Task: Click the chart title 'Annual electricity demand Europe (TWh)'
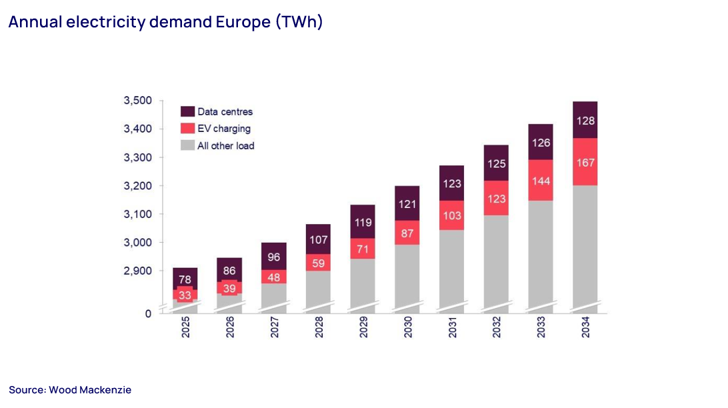(165, 22)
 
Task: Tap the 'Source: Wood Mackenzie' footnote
(70, 390)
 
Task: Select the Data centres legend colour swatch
(187, 111)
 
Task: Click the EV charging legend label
(224, 129)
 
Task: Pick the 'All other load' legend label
(226, 145)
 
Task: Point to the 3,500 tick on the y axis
(137, 101)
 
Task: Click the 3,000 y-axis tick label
(137, 243)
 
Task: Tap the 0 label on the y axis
(148, 313)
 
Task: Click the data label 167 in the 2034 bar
(585, 163)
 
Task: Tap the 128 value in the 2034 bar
(585, 121)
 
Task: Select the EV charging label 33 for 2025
(185, 295)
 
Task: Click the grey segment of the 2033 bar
(541, 253)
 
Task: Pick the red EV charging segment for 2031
(452, 215)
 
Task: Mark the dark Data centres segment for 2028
(319, 239)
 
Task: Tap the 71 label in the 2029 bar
(363, 249)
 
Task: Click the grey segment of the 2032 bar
(497, 260)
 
